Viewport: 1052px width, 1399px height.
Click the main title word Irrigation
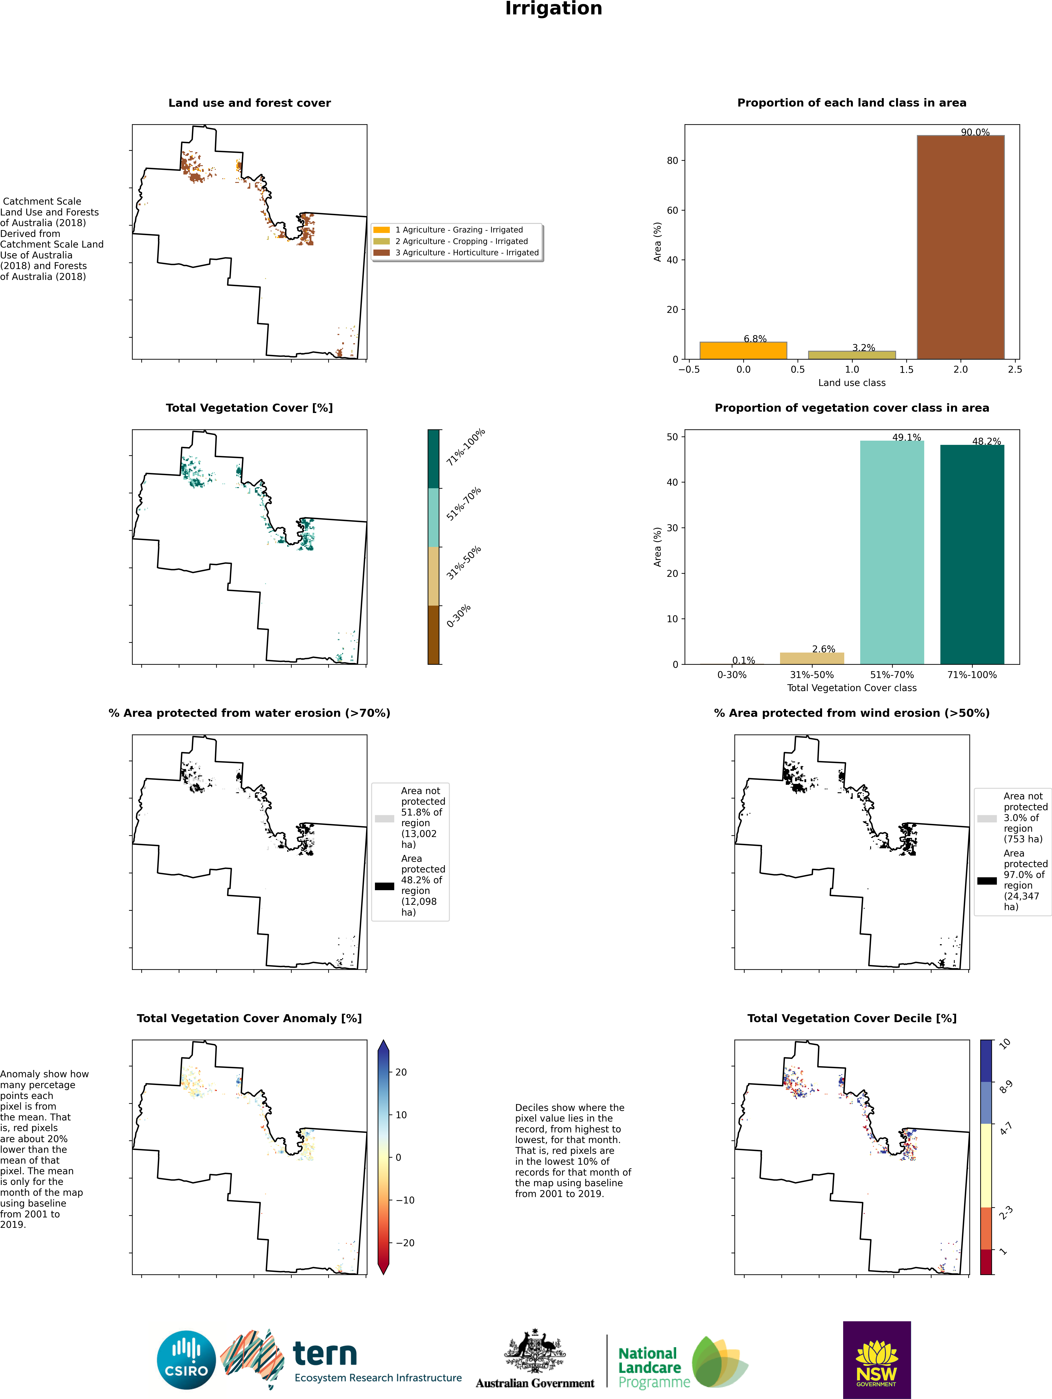[553, 9]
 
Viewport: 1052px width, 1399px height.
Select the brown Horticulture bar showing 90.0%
[960, 247]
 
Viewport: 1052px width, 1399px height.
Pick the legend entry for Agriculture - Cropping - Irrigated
[461, 241]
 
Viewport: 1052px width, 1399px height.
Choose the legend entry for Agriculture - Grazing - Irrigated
[459, 230]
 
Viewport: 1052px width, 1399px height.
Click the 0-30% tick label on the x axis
[732, 675]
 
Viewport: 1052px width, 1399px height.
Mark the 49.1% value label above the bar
[906, 437]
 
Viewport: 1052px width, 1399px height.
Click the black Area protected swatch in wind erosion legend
[987, 880]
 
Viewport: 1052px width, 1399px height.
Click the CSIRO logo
[187, 1360]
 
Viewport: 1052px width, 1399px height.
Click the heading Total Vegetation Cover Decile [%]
[852, 1018]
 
